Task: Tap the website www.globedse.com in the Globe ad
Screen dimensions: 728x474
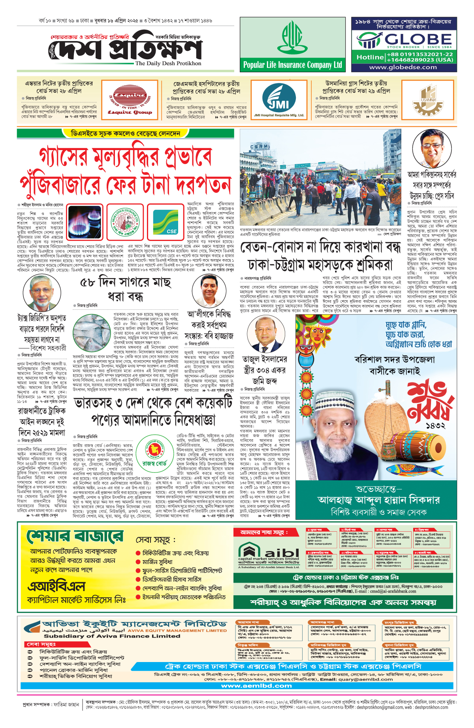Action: coord(403,67)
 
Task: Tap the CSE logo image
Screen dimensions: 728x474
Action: coord(166,222)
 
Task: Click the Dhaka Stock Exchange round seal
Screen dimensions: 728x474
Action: coord(125,222)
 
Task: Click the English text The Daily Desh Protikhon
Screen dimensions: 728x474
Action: coord(168,63)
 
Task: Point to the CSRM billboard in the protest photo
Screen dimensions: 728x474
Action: coord(260,147)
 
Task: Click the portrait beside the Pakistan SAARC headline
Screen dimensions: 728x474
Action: coord(432,149)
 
